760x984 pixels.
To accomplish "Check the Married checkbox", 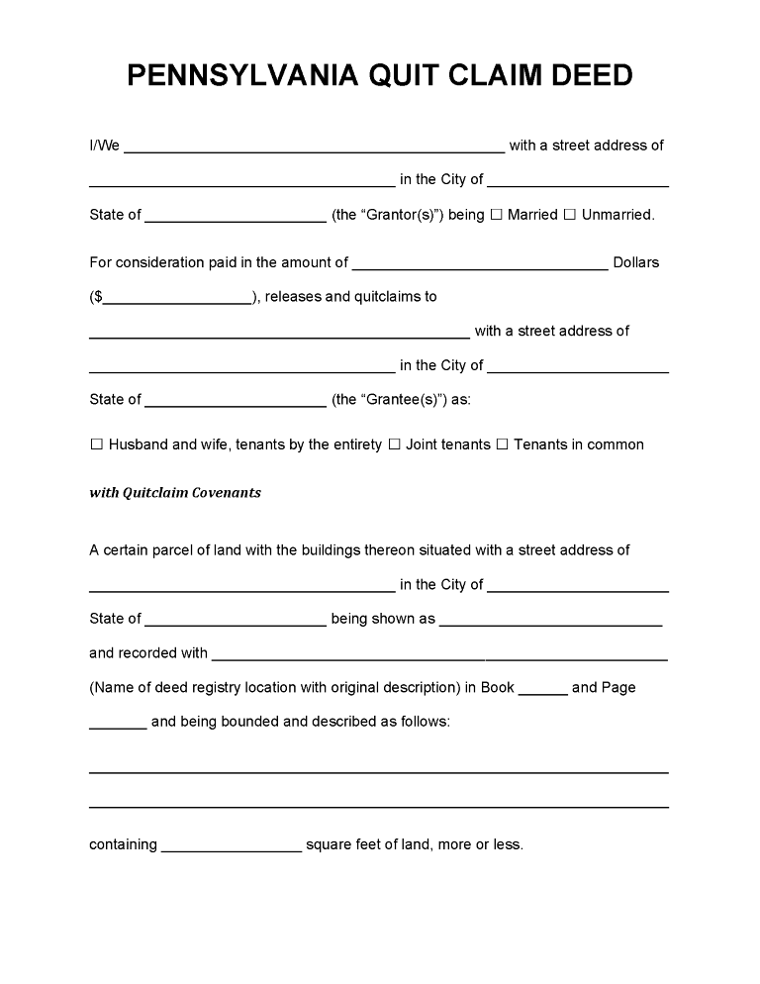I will coord(497,215).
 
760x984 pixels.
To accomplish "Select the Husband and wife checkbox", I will coord(97,445).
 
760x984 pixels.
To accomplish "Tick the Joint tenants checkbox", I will coord(394,445).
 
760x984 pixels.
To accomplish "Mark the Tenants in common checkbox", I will coord(502,445).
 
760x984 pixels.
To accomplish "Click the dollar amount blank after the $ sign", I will coord(177,299).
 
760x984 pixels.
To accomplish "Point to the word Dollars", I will coord(636,263).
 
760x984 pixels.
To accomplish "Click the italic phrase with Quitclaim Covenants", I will coord(175,493).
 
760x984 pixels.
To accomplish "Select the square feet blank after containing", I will coord(231,847).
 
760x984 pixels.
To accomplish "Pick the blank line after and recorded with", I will coord(439,655).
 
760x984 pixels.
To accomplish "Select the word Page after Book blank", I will coord(618,688).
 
